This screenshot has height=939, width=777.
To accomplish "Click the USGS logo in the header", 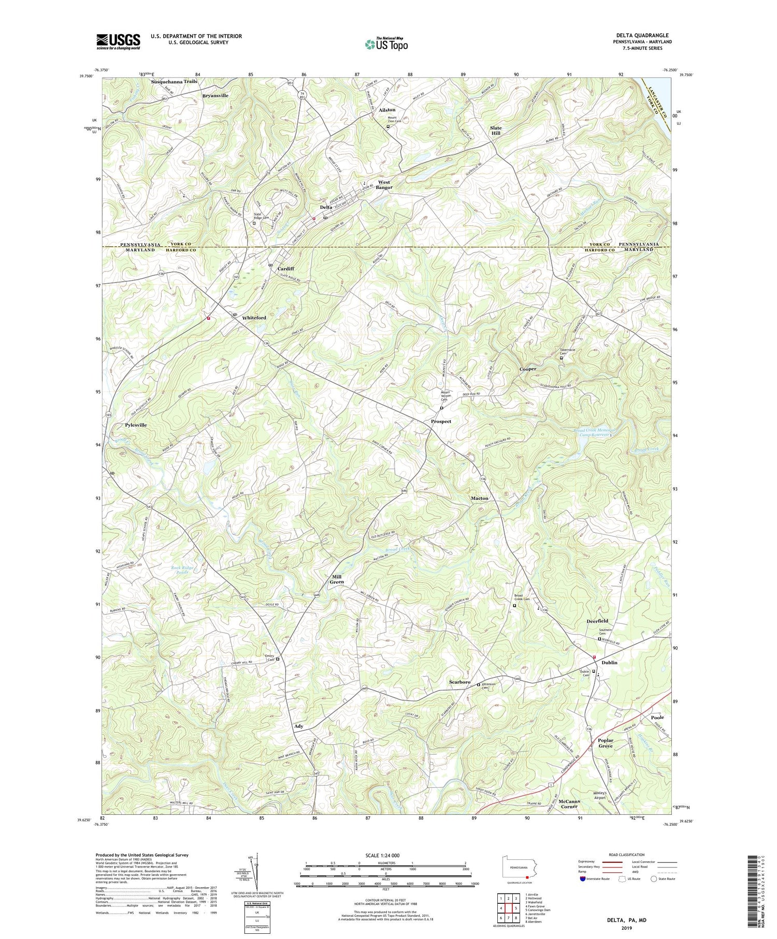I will [118, 41].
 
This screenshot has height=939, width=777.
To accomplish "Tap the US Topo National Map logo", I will [386, 44].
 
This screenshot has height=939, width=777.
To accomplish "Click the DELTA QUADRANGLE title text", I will [639, 35].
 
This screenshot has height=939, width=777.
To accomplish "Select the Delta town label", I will [326, 207].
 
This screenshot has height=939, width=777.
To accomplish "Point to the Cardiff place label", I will [285, 269].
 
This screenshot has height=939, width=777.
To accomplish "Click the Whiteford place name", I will [254, 317].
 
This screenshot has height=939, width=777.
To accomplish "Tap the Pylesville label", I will [136, 425].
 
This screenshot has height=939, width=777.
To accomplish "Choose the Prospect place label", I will [441, 421].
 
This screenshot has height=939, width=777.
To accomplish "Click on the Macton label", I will [479, 498].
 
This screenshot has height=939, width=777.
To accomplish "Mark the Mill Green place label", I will [337, 579].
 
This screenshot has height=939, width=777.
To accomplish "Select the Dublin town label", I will [609, 662].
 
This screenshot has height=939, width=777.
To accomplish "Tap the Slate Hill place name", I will [496, 130].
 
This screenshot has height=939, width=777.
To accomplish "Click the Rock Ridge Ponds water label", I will [182, 570].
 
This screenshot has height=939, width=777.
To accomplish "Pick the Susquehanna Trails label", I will [174, 82].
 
